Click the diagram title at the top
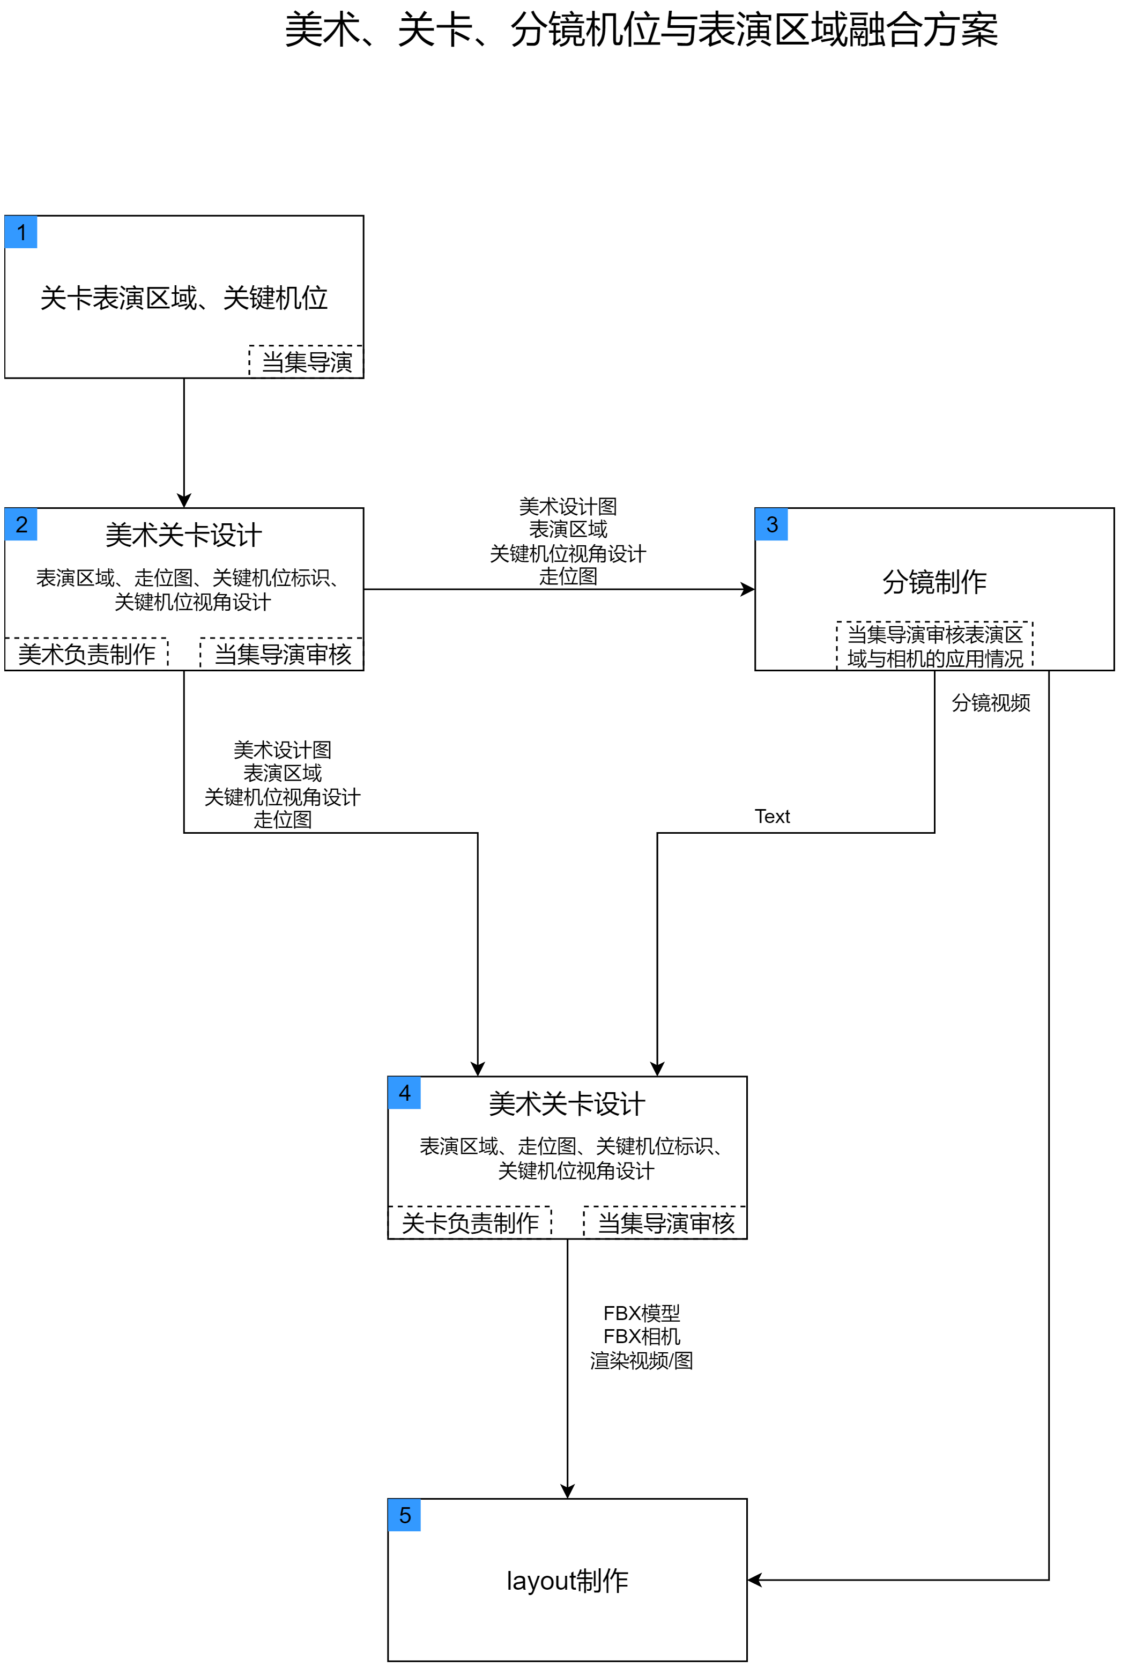point(641,30)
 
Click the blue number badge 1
point(21,232)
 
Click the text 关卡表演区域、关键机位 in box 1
point(184,298)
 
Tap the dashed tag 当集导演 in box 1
point(307,362)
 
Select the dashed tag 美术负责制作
point(86,654)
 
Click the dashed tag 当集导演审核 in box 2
point(283,654)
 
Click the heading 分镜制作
point(934,582)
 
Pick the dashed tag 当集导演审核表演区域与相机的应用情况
point(934,646)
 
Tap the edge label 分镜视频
point(991,703)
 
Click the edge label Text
point(772,817)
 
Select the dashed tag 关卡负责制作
point(470,1222)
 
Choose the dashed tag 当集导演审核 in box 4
point(666,1222)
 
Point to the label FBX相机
point(641,1336)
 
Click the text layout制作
point(567,1581)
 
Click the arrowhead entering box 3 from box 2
point(748,589)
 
